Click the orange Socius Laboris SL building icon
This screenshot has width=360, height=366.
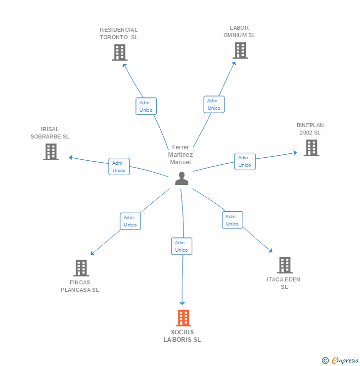coord(183,318)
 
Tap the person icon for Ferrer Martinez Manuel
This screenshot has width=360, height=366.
coord(182,179)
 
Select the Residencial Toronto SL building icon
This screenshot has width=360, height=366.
coord(119,52)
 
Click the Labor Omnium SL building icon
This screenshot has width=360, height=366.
coord(240,50)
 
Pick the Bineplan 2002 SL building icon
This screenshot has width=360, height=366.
coord(311,148)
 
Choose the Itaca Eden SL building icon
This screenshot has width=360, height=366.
coord(284,265)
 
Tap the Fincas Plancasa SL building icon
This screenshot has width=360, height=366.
coord(81,268)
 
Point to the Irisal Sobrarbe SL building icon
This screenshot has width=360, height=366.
coord(51,152)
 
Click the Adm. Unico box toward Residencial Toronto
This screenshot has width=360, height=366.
coord(146,106)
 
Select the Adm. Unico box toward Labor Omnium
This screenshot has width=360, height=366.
coord(214,104)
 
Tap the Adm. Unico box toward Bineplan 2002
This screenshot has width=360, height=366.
coord(245,161)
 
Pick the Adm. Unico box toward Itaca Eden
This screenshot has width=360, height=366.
coord(232,220)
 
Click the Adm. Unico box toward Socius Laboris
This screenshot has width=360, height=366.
coord(181,246)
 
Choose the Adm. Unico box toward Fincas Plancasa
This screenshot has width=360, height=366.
coord(130,221)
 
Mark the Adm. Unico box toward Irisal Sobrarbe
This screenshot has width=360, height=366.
coord(119,167)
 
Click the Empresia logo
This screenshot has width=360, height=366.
coord(345,361)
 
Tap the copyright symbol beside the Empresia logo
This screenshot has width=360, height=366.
coord(325,361)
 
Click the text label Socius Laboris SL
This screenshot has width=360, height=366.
coord(182,336)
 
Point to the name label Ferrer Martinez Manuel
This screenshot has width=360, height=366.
coord(180,155)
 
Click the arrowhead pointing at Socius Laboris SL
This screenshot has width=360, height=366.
coord(182,303)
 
